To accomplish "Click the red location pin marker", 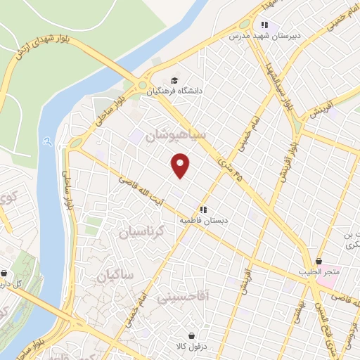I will point(181,165).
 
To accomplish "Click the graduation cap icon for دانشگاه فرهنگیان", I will point(174,79).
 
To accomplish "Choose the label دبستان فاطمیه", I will point(203,220).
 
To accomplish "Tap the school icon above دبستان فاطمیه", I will point(203,210).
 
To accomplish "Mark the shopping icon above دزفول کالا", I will point(191,335).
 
